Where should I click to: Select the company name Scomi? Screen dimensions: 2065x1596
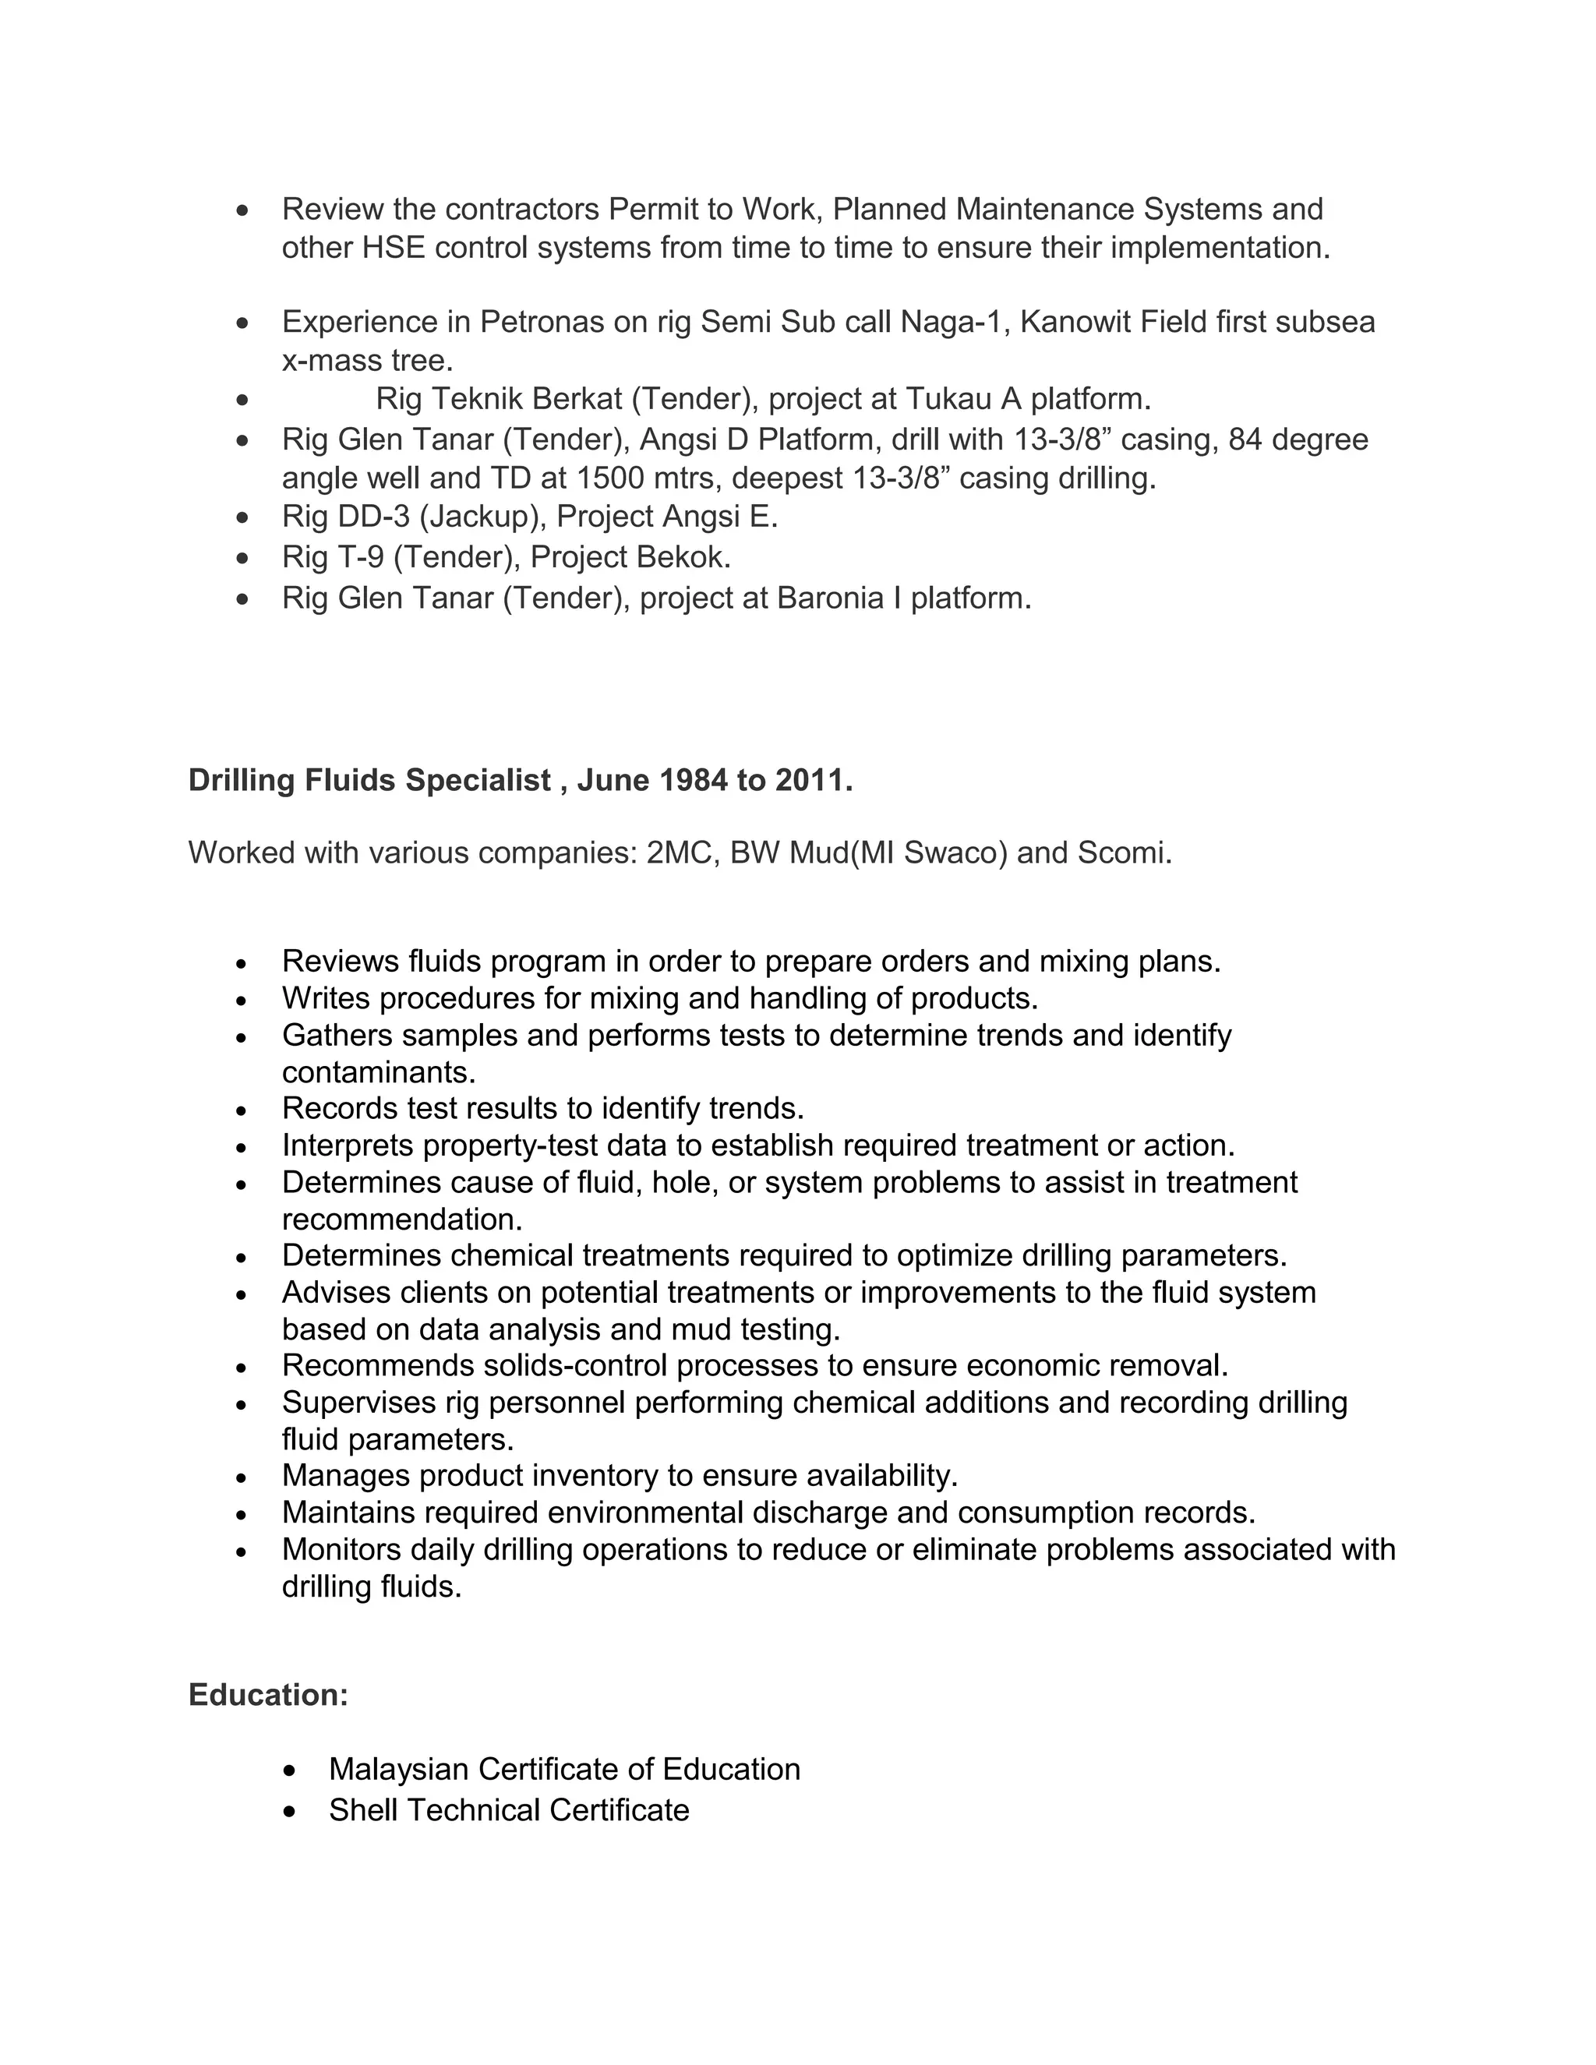click(1125, 852)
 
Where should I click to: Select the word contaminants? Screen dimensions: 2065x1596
click(378, 1072)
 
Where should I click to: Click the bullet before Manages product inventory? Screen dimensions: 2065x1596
click(242, 1477)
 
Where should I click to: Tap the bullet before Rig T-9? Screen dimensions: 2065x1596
click(243, 558)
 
